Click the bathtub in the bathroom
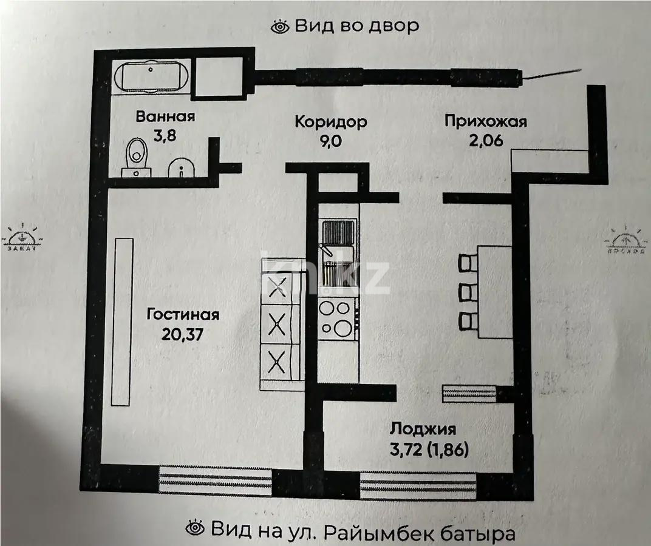152,77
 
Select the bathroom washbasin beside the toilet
181,168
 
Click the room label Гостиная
183,315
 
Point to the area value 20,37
183,334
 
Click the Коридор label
330,121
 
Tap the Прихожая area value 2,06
485,141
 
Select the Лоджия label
423,430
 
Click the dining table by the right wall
496,292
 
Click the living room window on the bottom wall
215,479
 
